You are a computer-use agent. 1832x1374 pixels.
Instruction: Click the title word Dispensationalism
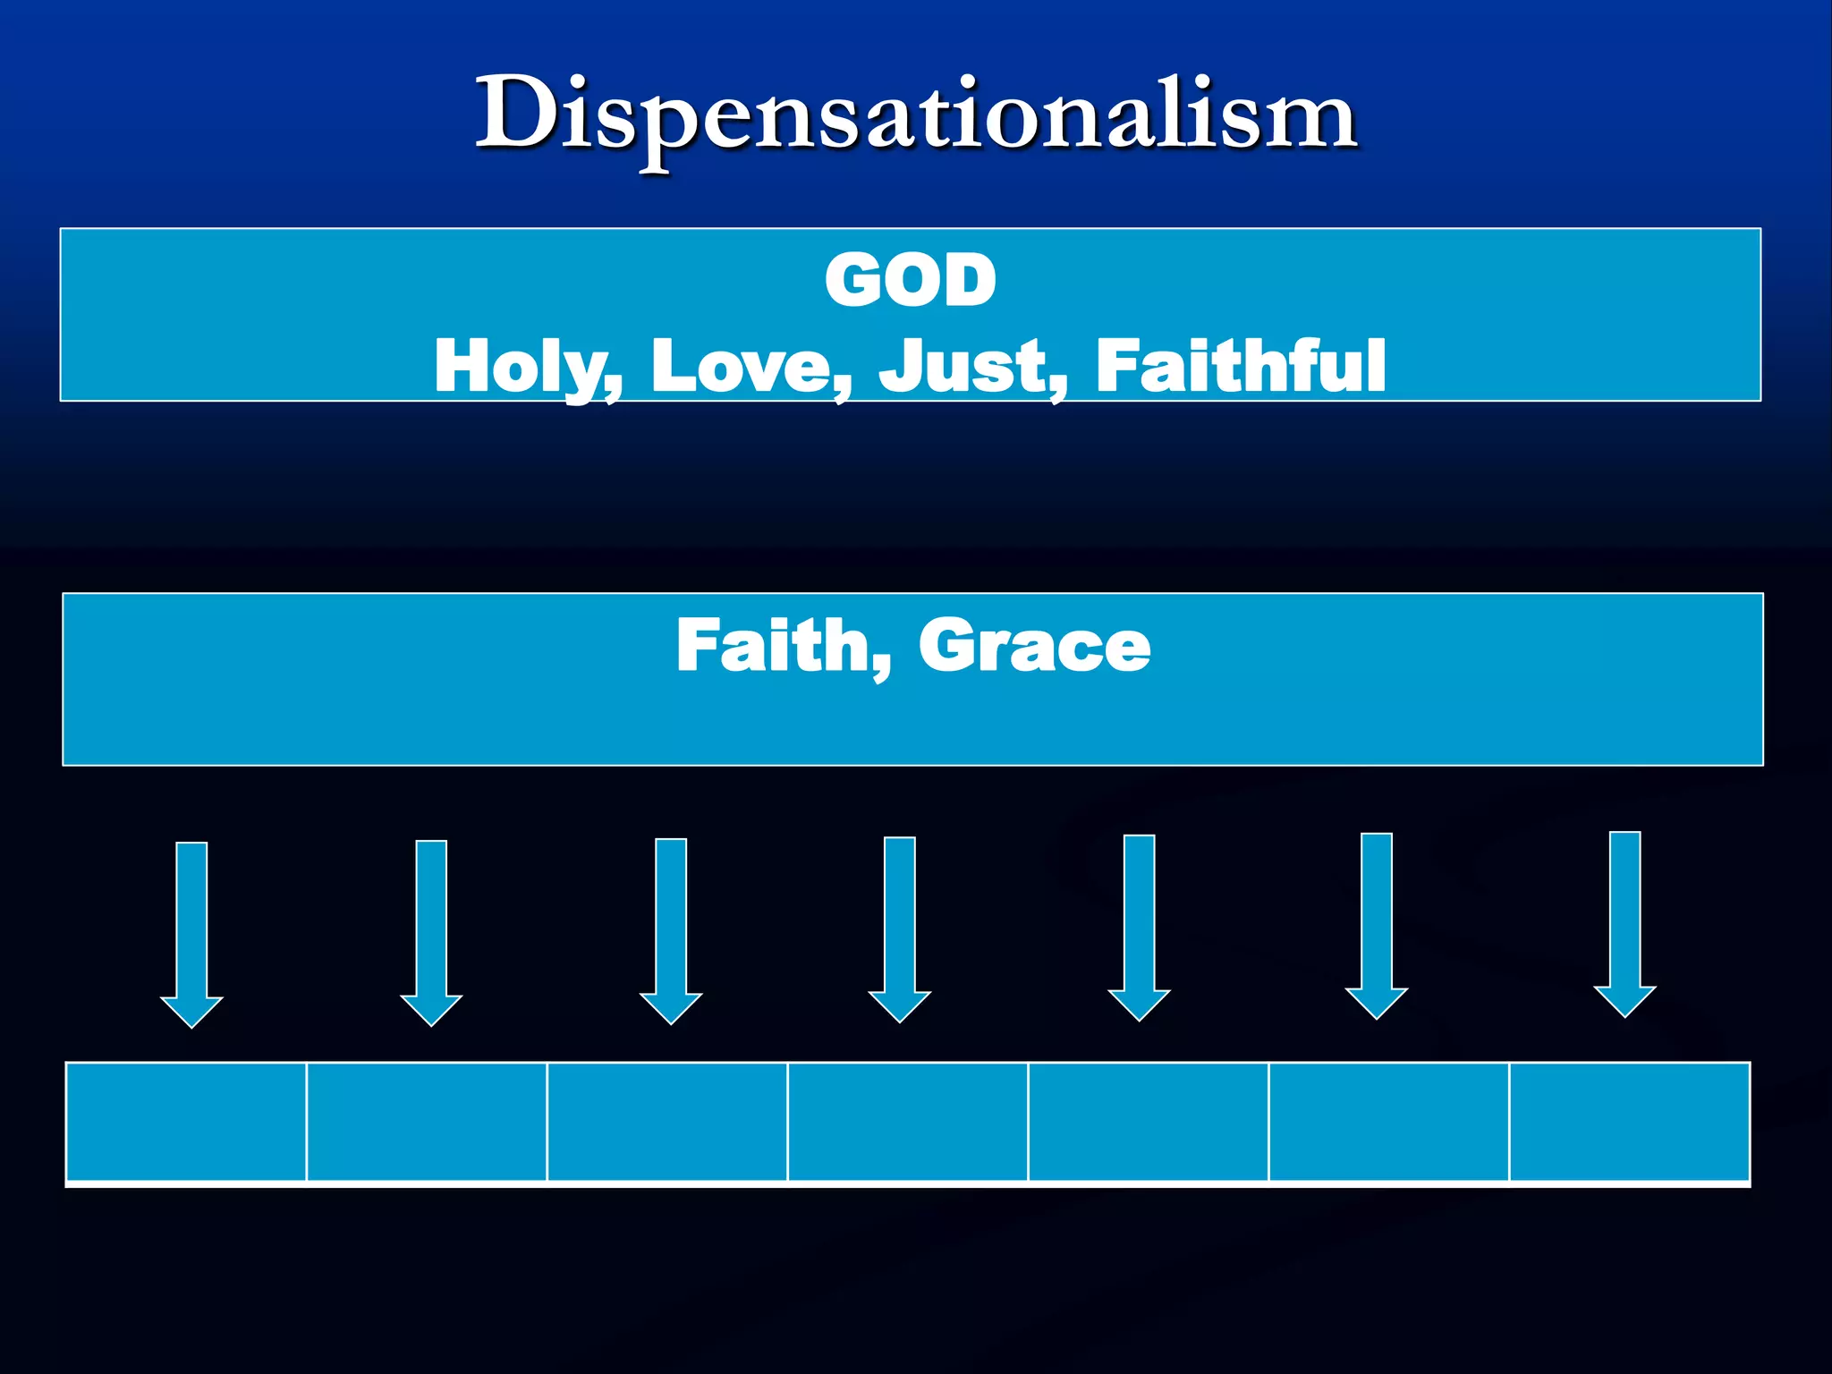click(916, 116)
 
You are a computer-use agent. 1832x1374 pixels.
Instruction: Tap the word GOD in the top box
click(911, 280)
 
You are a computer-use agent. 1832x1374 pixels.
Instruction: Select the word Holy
click(528, 366)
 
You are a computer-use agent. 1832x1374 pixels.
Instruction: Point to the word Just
click(973, 366)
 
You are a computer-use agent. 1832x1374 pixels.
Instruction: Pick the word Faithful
click(1241, 366)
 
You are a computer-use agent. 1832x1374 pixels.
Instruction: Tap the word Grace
click(1034, 645)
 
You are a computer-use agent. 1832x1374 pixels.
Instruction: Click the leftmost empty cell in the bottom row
click(186, 1122)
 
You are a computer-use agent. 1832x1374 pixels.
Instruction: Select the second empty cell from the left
click(427, 1122)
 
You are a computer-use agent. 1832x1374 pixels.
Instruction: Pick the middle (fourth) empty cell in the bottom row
click(908, 1122)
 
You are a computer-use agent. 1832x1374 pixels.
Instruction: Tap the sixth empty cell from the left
click(1389, 1122)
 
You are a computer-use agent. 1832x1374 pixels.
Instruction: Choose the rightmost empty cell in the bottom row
click(1629, 1122)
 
